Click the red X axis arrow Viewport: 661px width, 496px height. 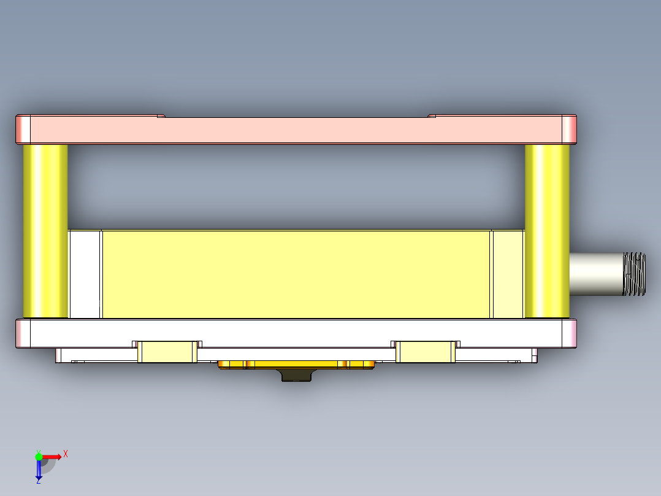pyautogui.click(x=53, y=456)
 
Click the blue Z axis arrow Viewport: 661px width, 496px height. pyautogui.click(x=38, y=470)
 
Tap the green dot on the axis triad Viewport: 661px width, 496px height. pyautogui.click(x=39, y=456)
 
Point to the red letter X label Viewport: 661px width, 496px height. pyautogui.click(x=66, y=454)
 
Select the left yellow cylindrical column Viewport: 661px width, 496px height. pyautogui.click(x=45, y=231)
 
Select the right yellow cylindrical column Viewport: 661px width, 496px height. pyautogui.click(x=547, y=231)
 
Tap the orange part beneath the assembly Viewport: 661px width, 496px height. pyautogui.click(x=297, y=365)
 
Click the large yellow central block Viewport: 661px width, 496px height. pyautogui.click(x=296, y=274)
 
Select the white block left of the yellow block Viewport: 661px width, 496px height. pyautogui.click(x=85, y=274)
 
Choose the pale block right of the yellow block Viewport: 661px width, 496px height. pyautogui.click(x=508, y=274)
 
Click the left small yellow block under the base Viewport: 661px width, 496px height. pyautogui.click(x=167, y=352)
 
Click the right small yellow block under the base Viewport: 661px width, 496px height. pyautogui.click(x=426, y=352)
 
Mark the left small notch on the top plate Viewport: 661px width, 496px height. pyautogui.click(x=161, y=115)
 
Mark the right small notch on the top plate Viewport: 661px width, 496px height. pyautogui.click(x=432, y=115)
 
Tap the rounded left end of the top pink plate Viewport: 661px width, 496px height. pyautogui.click(x=23, y=130)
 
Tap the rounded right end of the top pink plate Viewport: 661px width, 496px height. pyautogui.click(x=570, y=130)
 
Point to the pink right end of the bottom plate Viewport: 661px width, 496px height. pyautogui.click(x=570, y=333)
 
